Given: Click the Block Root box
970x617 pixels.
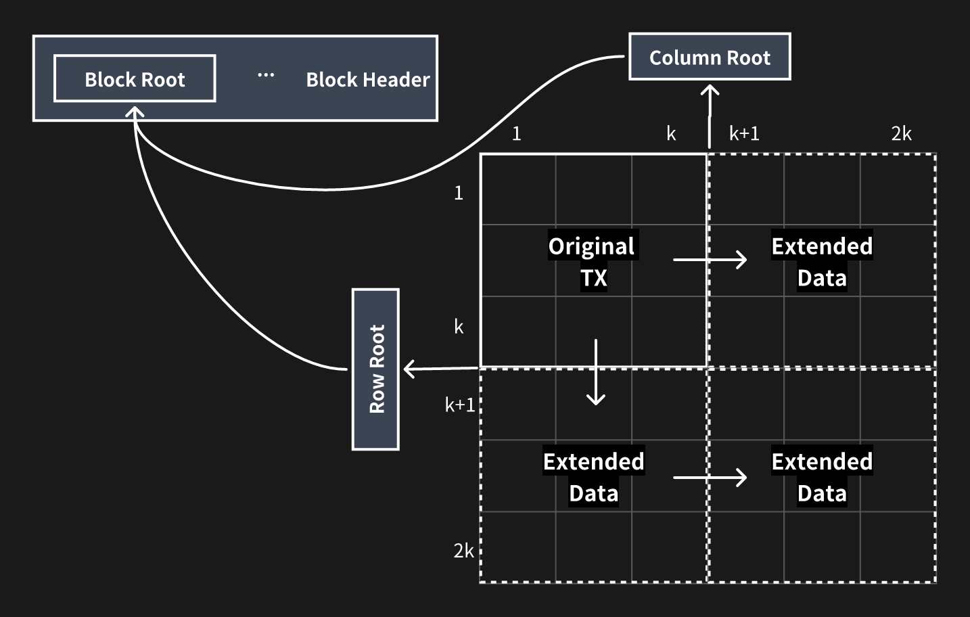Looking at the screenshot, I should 135,79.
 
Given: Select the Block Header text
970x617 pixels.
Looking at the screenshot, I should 367,80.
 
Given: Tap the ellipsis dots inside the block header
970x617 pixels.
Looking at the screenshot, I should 266,75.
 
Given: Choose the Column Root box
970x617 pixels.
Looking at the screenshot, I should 710,58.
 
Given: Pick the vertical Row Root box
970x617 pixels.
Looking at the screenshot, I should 376,369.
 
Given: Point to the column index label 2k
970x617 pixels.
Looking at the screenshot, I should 901,134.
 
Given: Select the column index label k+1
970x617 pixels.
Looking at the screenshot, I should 744,134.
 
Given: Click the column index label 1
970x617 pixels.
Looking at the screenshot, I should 517,134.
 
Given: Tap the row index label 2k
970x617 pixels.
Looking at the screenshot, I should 463,551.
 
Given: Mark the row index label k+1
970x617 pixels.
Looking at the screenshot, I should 460,405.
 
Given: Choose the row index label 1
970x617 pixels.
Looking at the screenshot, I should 459,193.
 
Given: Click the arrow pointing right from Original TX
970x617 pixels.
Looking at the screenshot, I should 710,259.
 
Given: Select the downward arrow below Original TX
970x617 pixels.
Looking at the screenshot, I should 596,372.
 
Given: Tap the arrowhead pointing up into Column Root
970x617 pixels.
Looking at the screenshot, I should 710,91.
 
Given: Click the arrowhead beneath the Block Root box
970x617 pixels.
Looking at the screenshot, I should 135,112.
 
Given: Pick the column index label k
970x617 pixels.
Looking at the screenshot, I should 671,134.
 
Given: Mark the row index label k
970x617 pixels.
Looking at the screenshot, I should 459,327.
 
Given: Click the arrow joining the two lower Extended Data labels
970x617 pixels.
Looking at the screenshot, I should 710,478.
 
